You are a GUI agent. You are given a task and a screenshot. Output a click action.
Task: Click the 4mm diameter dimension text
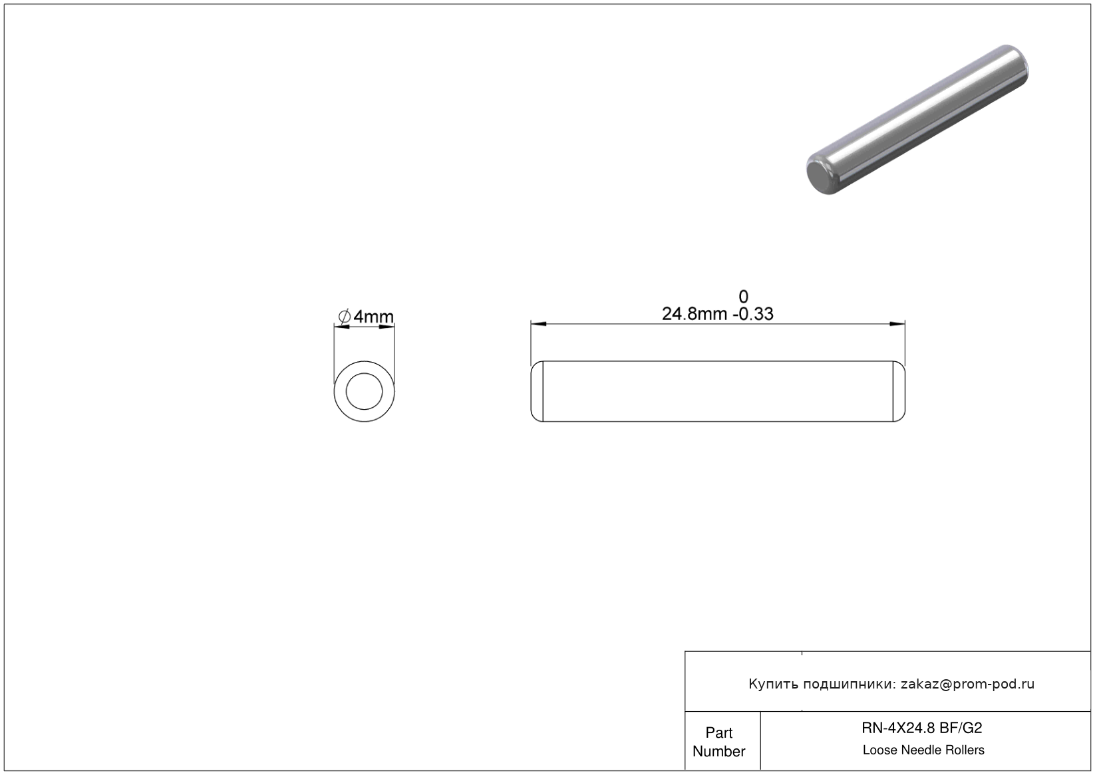tap(373, 317)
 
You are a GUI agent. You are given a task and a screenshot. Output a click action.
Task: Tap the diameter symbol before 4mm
tap(344, 317)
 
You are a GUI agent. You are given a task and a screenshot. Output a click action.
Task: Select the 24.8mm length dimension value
tap(694, 313)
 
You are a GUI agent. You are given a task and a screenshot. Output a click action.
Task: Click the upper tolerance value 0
tap(743, 297)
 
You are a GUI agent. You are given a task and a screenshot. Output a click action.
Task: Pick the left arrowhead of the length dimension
tap(539, 324)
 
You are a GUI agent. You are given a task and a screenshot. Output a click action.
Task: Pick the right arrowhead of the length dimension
tap(897, 324)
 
